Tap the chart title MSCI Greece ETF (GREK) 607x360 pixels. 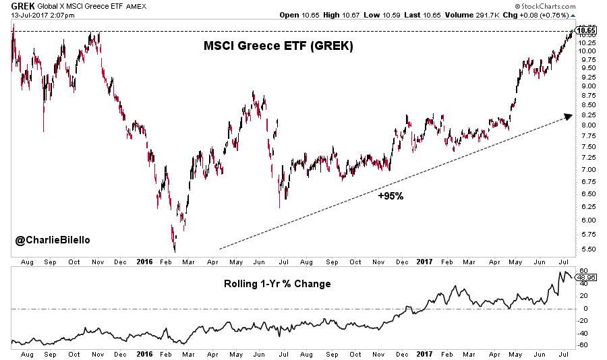tap(279, 47)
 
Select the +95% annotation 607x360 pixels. tap(390, 196)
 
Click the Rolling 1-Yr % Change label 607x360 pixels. tap(277, 284)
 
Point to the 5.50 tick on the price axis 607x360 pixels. tap(585, 249)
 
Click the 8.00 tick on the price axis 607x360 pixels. tap(585, 125)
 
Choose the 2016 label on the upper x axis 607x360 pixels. tap(146, 262)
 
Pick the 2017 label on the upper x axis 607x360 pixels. tap(423, 262)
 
